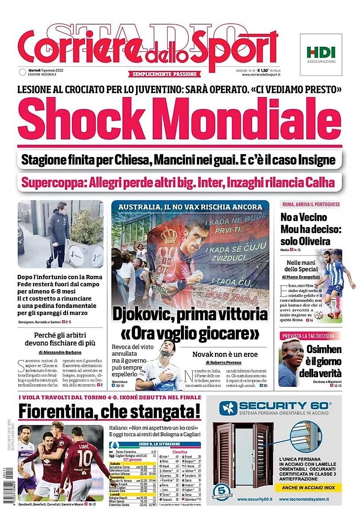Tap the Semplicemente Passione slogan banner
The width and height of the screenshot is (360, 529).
165,74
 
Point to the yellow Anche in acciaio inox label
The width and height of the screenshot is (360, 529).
309,487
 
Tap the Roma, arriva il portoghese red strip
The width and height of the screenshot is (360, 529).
311,204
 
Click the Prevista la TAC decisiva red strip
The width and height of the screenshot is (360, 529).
308,336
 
